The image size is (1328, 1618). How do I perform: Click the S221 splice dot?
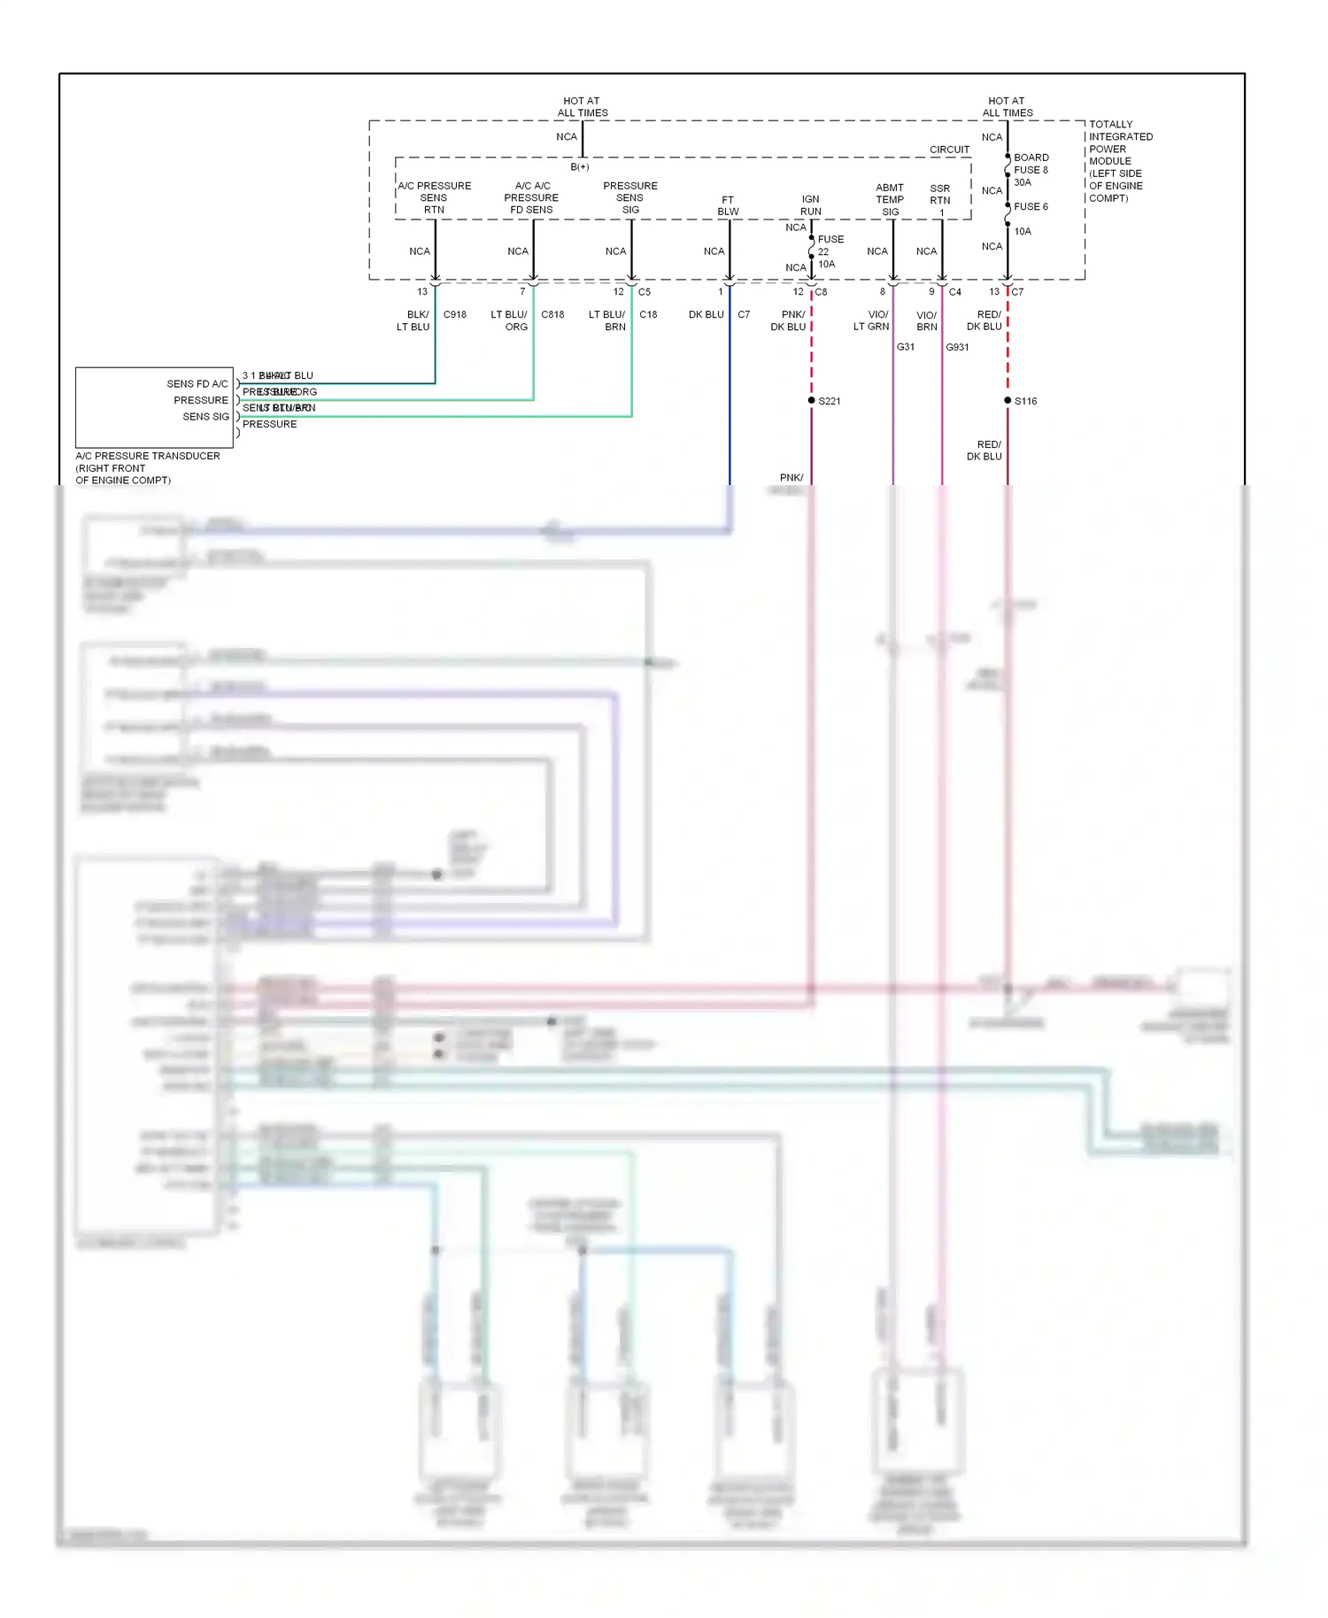811,401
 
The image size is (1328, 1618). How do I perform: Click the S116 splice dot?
1008,401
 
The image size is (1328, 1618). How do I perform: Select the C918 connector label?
454,315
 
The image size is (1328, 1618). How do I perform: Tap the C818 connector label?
552,315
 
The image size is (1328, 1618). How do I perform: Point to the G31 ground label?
905,347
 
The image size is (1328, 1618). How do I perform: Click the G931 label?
957,347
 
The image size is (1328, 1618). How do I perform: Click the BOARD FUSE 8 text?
1031,164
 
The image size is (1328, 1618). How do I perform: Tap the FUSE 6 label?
1031,207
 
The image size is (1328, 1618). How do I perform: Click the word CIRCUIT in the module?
949,150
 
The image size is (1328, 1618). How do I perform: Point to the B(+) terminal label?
579,167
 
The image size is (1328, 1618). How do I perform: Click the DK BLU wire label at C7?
706,315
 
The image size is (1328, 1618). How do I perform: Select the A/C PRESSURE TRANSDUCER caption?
147,457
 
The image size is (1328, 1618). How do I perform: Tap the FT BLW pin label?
728,205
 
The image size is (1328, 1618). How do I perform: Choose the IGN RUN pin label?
810,205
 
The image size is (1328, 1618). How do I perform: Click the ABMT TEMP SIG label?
890,200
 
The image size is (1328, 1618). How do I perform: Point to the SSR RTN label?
939,195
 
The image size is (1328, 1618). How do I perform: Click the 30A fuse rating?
1022,183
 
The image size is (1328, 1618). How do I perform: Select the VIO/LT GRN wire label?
871,321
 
